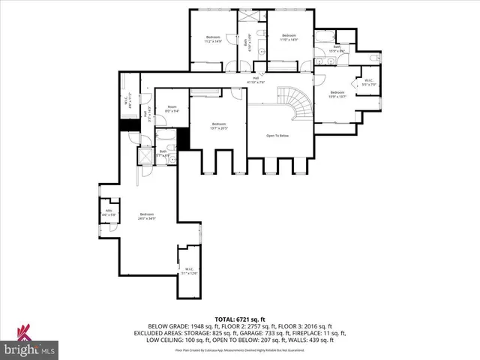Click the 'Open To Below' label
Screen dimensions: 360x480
(x=277, y=136)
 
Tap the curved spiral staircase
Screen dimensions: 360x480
(x=292, y=106)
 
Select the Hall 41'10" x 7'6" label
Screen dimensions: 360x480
(x=255, y=79)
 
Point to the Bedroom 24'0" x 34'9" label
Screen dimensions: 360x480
(x=146, y=217)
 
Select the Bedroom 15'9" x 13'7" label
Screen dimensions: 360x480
(x=337, y=94)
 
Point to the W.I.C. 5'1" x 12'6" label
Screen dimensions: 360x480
(x=188, y=271)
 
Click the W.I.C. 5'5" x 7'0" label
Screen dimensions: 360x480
(x=368, y=82)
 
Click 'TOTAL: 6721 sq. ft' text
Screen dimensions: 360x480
(x=240, y=319)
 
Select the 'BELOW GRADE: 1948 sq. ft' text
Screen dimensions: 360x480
(x=180, y=326)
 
